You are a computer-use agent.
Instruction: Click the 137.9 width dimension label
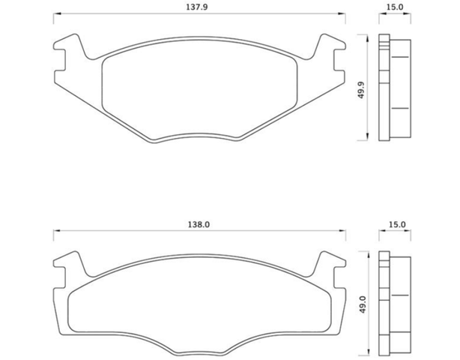[x=197, y=7]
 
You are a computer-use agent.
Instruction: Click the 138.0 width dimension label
[x=199, y=225]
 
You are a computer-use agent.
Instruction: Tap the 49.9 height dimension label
[x=361, y=90]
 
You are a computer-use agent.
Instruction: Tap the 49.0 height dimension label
[x=363, y=304]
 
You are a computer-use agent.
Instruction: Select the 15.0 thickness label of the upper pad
[x=395, y=7]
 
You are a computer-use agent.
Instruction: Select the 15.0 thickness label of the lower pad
[x=397, y=225]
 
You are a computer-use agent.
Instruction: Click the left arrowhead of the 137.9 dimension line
[x=57, y=13]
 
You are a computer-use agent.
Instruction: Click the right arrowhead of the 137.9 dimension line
[x=342, y=13]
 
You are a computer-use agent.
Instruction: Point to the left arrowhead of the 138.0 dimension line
[x=57, y=231]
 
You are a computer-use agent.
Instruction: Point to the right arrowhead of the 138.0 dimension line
[x=342, y=231]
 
